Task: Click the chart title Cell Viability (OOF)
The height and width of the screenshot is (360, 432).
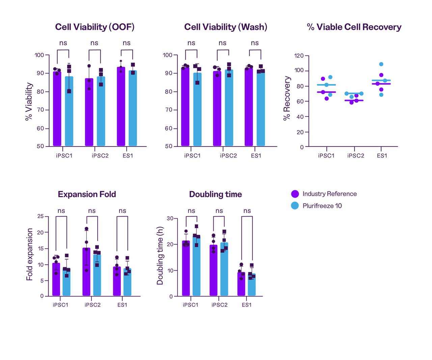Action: pos(95,27)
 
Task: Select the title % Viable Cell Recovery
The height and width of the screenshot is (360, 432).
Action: pos(354,27)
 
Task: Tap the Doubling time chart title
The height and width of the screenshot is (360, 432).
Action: pos(215,194)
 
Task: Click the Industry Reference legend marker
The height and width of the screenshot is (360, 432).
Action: pos(295,194)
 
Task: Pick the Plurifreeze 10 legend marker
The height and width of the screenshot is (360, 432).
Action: pos(295,206)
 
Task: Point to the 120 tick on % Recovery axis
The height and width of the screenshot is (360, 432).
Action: pos(299,56)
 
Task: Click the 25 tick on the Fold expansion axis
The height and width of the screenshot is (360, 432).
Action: pos(40,216)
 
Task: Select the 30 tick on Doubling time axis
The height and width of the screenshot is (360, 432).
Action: pos(170,219)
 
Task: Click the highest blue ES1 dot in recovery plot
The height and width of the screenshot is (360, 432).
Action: pos(381,64)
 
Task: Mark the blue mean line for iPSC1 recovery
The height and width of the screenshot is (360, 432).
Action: pos(326,85)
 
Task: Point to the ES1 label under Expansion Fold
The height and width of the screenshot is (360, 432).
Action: pos(122,305)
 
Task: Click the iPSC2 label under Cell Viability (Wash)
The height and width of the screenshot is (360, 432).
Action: pos(228,156)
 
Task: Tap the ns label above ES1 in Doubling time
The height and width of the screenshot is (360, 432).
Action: pos(247,211)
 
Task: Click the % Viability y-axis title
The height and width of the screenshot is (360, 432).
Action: pos(29,101)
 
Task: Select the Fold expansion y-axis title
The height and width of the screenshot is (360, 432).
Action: pos(30,254)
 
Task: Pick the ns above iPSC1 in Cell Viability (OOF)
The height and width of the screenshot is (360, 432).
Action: pos(63,43)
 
